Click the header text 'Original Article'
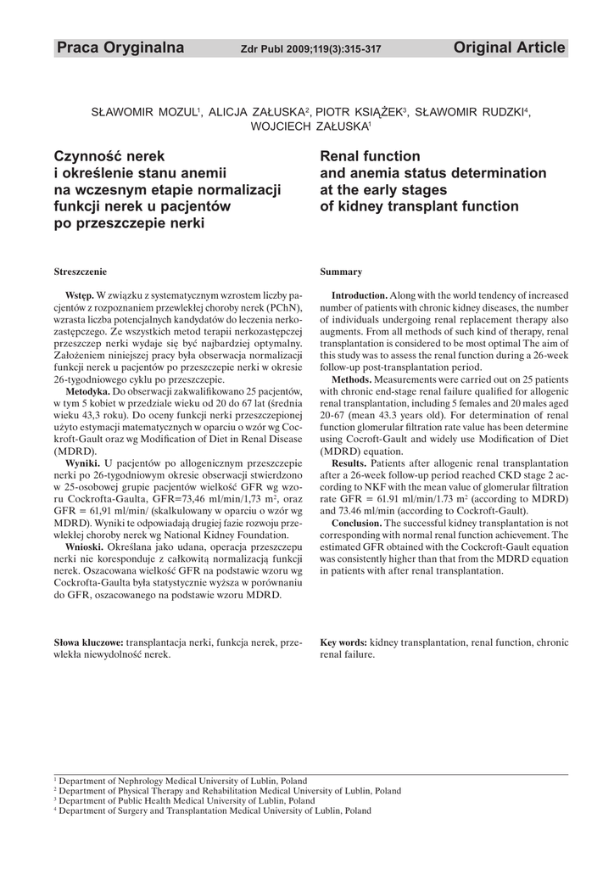[509, 48]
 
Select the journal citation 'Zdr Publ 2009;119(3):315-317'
[310, 50]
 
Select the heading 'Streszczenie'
[80, 272]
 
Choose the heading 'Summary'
[341, 272]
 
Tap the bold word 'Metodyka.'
[88, 391]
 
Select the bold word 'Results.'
[349, 463]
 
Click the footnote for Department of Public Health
[184, 800]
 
